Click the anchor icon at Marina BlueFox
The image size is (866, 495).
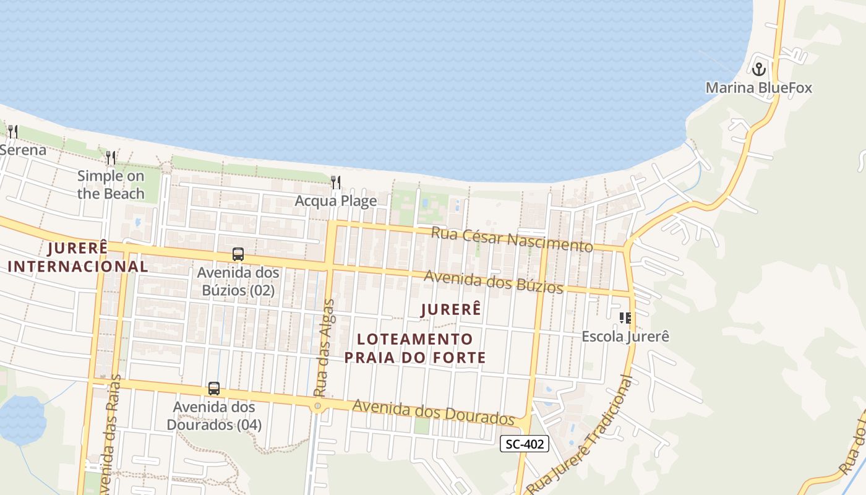pos(759,69)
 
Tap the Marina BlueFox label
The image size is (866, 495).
pos(759,88)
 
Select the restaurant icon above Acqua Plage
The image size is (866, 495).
pos(336,182)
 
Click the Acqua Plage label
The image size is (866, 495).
pos(336,201)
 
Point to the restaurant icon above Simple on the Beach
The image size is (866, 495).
pos(111,158)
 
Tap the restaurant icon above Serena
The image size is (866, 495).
pos(12,131)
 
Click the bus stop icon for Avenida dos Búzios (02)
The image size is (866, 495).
pos(238,254)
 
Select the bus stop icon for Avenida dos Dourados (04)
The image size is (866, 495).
pos(214,389)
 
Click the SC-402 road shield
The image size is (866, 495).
pos(524,444)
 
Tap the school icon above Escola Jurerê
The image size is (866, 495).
pos(625,318)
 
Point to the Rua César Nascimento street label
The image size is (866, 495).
pos(512,239)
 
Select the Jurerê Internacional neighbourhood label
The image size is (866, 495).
pos(78,257)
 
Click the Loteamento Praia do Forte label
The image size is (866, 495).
pos(415,348)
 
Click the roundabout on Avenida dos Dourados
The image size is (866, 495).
pos(318,407)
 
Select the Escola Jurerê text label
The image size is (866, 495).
pos(625,337)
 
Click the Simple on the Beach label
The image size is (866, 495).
pos(111,184)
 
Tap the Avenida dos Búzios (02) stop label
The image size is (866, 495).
pos(238,281)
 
